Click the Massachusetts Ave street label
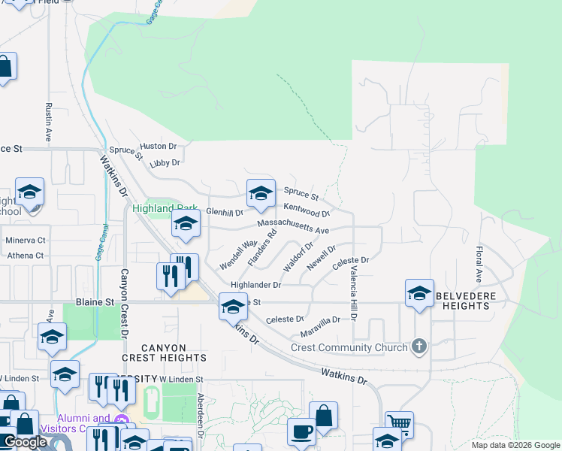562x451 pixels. tap(293, 226)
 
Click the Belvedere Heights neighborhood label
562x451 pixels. tap(464, 301)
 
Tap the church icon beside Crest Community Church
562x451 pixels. tap(419, 347)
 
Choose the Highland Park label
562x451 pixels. tap(165, 208)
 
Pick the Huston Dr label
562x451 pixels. tap(158, 146)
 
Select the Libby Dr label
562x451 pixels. tap(165, 162)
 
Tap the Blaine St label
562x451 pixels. tap(95, 302)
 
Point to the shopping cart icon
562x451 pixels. tap(399, 424)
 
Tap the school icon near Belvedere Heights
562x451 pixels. tap(419, 292)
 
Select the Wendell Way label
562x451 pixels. tap(238, 255)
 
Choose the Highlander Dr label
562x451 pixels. tap(255, 286)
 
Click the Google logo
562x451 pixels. tap(25, 442)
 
